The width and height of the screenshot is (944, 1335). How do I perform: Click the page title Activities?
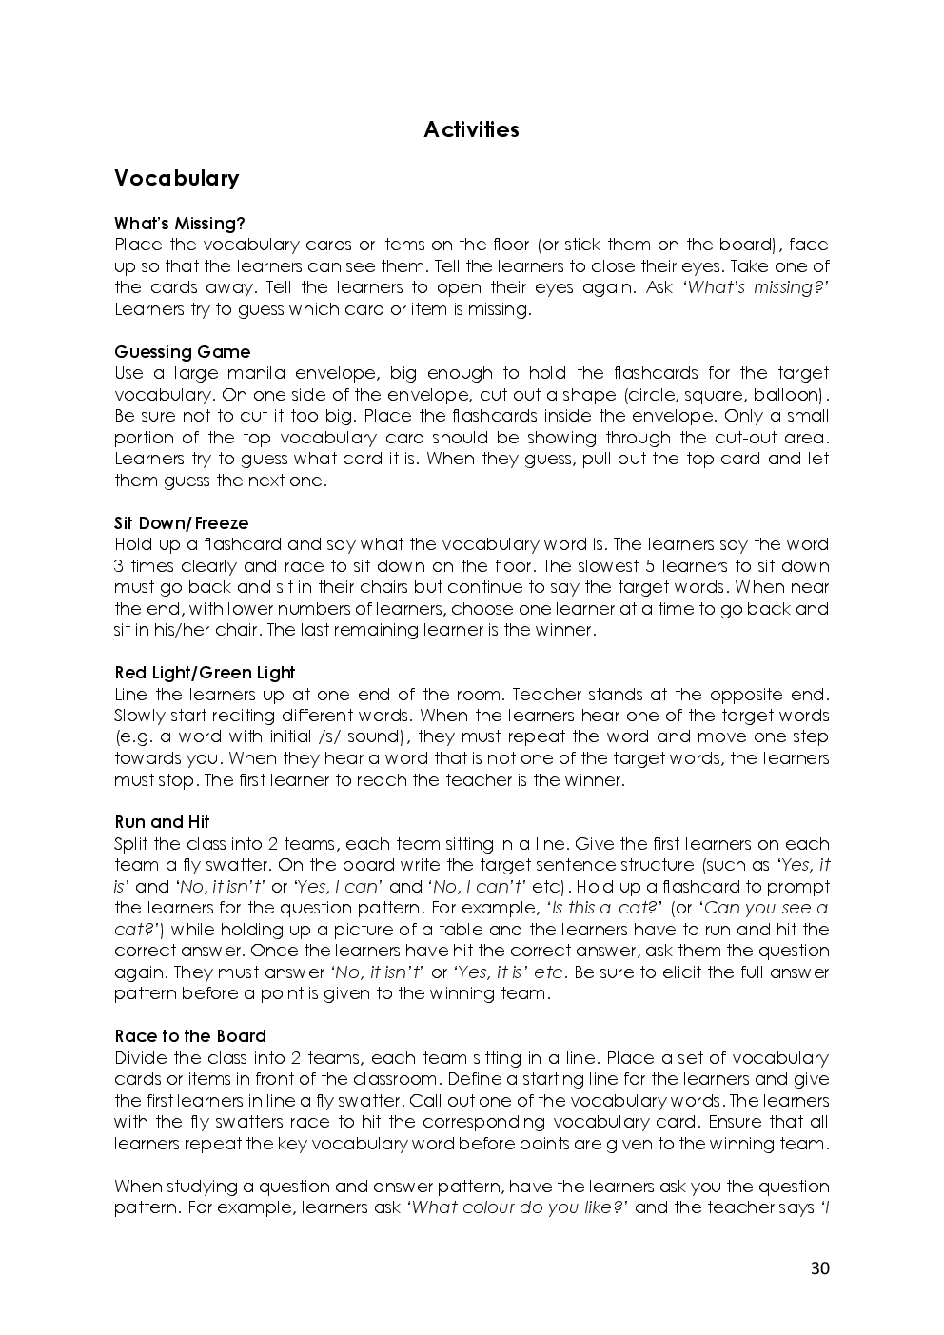tap(471, 129)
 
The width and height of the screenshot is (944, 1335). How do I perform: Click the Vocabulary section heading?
tap(176, 179)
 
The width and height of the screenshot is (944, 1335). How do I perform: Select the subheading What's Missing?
tap(179, 224)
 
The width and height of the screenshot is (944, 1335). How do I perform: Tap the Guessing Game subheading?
tap(182, 352)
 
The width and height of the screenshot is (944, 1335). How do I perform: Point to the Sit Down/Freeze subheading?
tap(181, 523)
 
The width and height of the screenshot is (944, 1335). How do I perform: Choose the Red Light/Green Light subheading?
tap(205, 673)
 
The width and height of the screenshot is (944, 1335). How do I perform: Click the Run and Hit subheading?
tap(162, 822)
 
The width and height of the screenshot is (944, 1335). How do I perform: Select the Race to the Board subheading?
tap(189, 1036)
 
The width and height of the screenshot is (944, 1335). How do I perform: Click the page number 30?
tap(819, 1267)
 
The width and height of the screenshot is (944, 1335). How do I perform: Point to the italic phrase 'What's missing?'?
tap(755, 287)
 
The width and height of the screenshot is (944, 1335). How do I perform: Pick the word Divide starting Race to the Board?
tap(142, 1058)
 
